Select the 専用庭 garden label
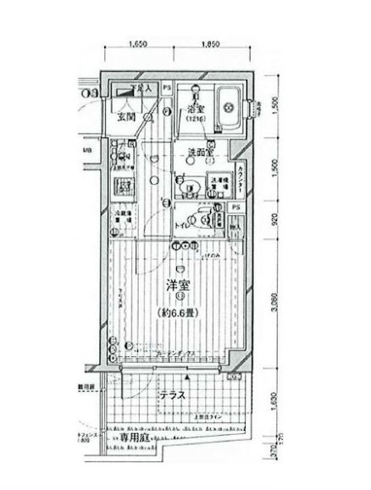pos(139,464)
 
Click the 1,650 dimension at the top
pos(140,44)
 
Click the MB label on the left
pos(87,153)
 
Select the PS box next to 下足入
pos(166,87)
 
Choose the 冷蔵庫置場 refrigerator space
pos(123,216)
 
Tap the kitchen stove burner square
pos(122,187)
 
